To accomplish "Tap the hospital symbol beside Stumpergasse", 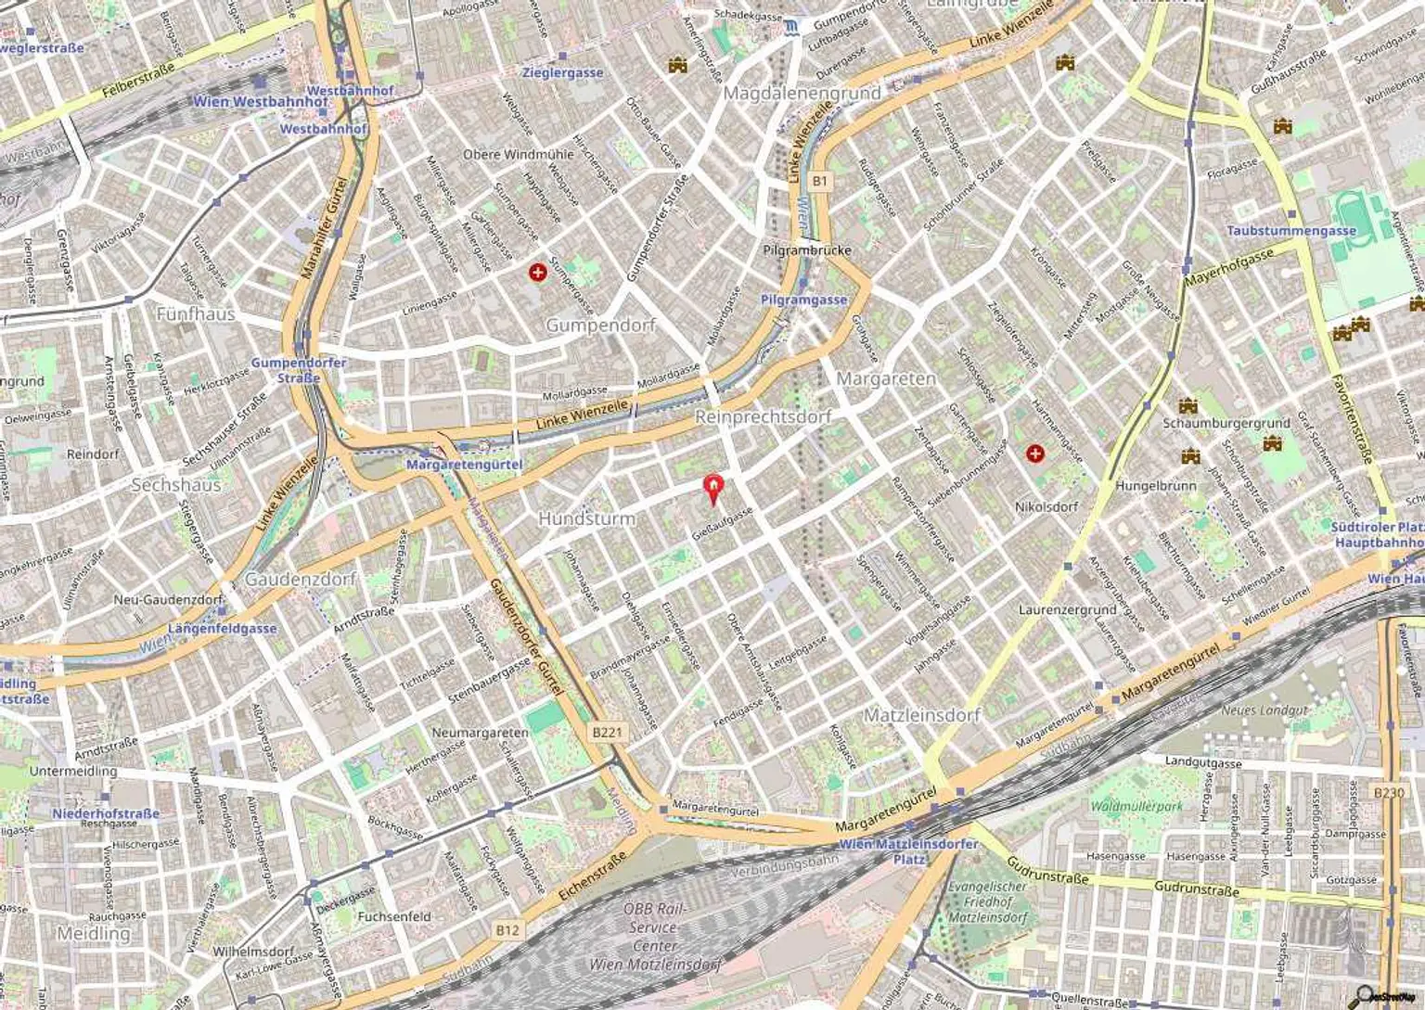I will pyautogui.click(x=537, y=273).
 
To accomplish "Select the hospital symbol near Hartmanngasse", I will pyautogui.click(x=1035, y=454).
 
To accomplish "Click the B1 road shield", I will pyautogui.click(x=818, y=181).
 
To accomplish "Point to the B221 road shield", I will pyautogui.click(x=607, y=733).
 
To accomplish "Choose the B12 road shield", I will pyautogui.click(x=507, y=930).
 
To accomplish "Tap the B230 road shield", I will pyautogui.click(x=1388, y=792).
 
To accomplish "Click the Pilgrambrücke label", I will pyautogui.click(x=806, y=249).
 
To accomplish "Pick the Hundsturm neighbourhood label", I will pyautogui.click(x=586, y=518).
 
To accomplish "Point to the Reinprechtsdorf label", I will pyautogui.click(x=763, y=416).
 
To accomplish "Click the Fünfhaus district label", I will pyautogui.click(x=195, y=313).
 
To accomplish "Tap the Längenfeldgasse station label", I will pyautogui.click(x=222, y=628).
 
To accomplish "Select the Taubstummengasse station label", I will pyautogui.click(x=1291, y=230).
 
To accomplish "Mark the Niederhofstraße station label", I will pyautogui.click(x=106, y=813).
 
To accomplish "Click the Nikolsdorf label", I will pyautogui.click(x=1046, y=506).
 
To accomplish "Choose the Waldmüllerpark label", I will pyautogui.click(x=1136, y=806).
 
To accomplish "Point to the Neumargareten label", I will pyautogui.click(x=480, y=732).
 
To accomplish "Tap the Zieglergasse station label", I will pyautogui.click(x=562, y=72).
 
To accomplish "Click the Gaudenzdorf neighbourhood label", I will pyautogui.click(x=301, y=579).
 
